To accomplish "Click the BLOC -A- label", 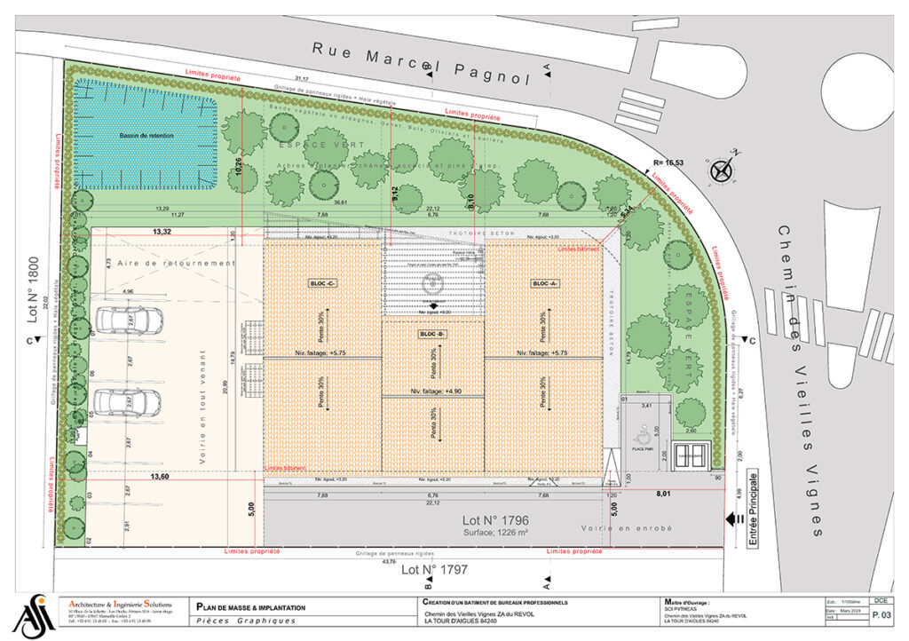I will (x=542, y=283).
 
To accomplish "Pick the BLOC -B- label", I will (x=432, y=334).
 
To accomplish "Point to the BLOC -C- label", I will (x=322, y=283).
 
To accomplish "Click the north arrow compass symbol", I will (x=722, y=169).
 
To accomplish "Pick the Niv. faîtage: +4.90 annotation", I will (x=432, y=391).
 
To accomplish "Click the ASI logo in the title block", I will (x=33, y=615).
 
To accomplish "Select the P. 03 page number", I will (x=881, y=614).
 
